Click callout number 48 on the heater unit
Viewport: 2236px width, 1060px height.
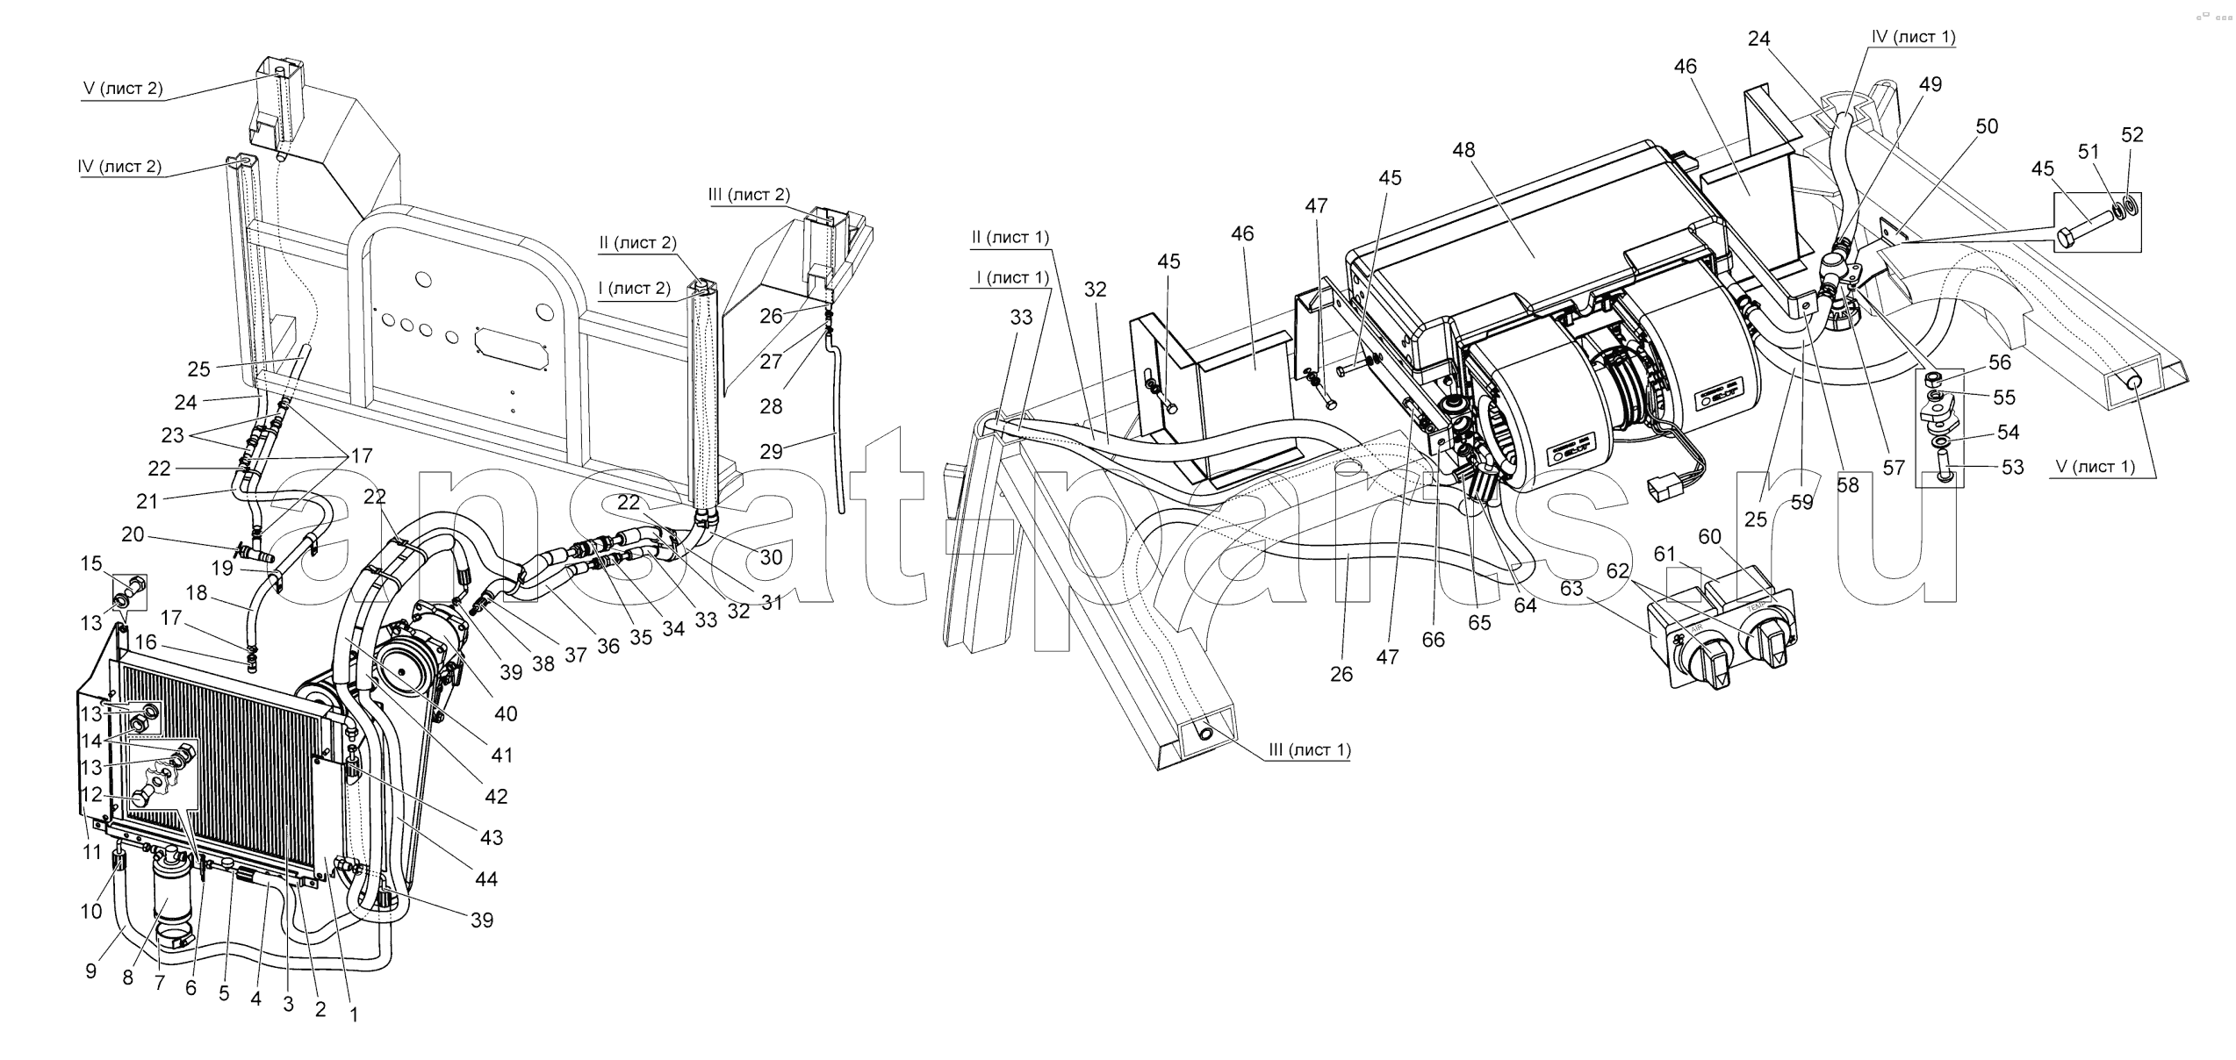[1463, 150]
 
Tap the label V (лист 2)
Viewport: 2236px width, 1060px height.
[123, 89]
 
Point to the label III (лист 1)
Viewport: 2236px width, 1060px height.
[1309, 750]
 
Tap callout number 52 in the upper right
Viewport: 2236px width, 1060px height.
[2132, 135]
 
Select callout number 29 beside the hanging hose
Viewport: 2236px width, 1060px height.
[771, 452]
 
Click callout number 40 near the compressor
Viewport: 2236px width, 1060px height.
[506, 714]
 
